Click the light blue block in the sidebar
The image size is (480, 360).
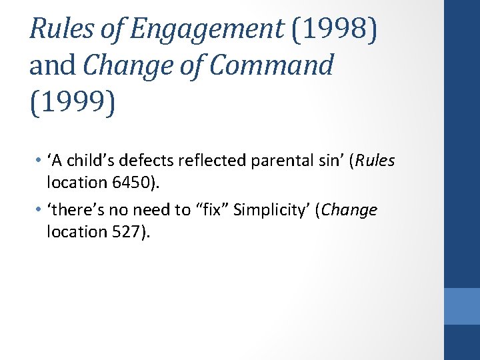click(x=462, y=306)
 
